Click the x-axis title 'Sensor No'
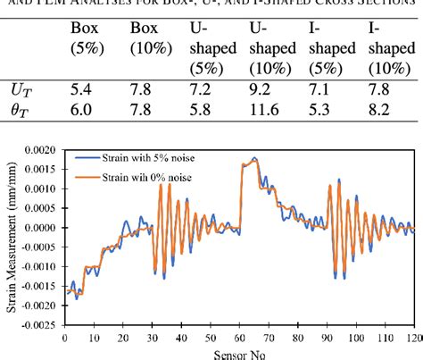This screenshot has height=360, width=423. (237, 354)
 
